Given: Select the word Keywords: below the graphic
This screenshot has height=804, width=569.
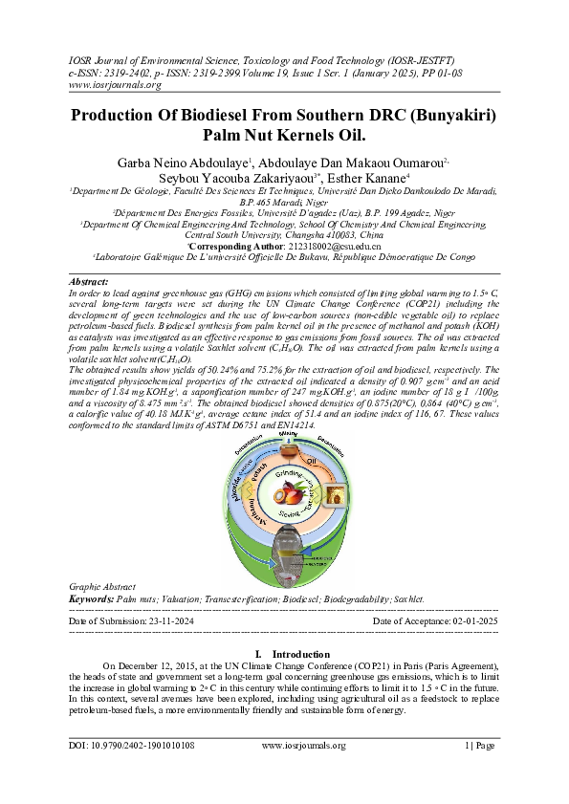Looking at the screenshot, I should [91, 598].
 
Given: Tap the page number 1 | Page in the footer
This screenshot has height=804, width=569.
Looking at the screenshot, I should [480, 746].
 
